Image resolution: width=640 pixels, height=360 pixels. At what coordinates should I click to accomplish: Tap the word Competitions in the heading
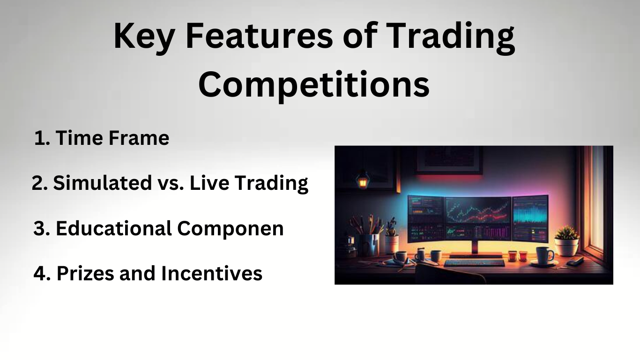pos(313,85)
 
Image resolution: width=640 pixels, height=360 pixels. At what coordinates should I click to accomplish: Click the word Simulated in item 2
pos(96,183)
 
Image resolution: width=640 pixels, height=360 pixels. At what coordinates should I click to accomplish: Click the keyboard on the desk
pos(473,263)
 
